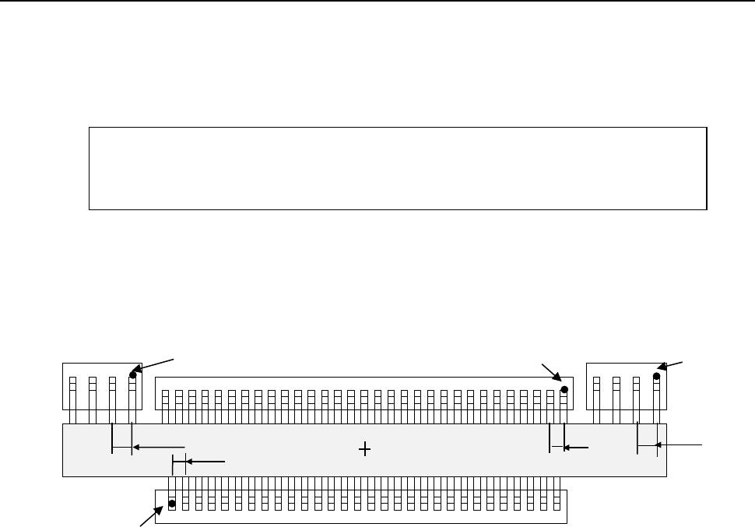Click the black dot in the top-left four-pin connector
pyautogui.click(x=133, y=374)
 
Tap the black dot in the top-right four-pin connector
pyautogui.click(x=657, y=375)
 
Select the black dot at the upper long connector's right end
pyautogui.click(x=564, y=389)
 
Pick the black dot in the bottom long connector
pyautogui.click(x=172, y=504)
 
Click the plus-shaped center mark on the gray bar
pyautogui.click(x=364, y=448)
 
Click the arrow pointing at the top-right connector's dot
pyautogui.click(x=672, y=365)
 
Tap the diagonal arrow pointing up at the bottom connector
pyautogui.click(x=150, y=516)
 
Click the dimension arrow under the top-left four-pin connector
pyautogui.click(x=159, y=447)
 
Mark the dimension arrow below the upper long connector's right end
pyautogui.click(x=576, y=448)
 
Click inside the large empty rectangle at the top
pyautogui.click(x=397, y=167)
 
